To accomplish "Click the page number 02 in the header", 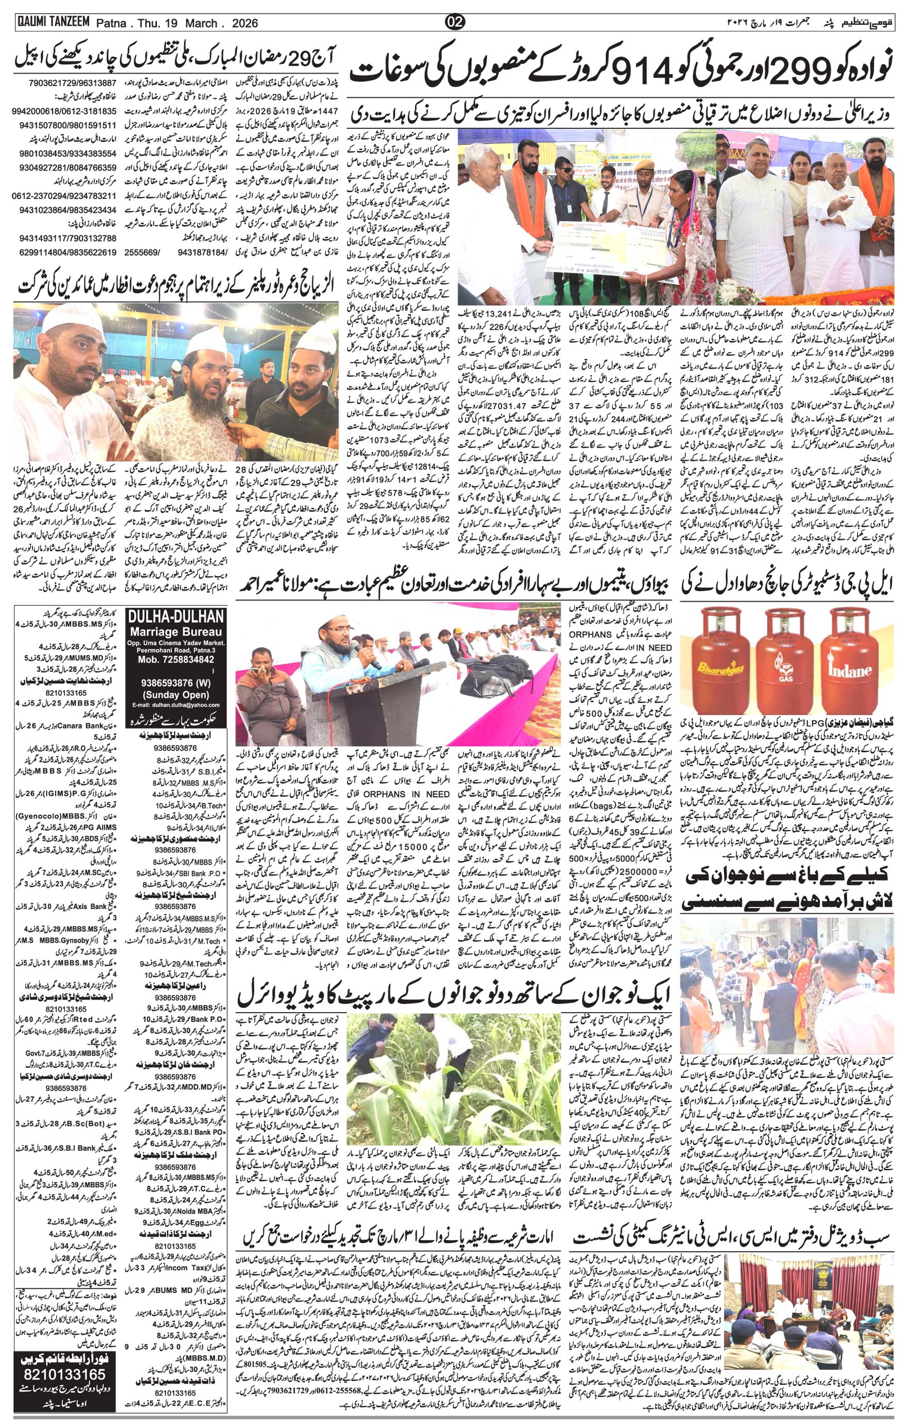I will (x=455, y=23).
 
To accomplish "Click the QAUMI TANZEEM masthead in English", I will (x=52, y=22).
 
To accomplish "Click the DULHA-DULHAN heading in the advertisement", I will (x=176, y=617).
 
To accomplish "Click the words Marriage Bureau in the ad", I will (x=176, y=632).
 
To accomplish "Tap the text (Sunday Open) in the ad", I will (x=176, y=695).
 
